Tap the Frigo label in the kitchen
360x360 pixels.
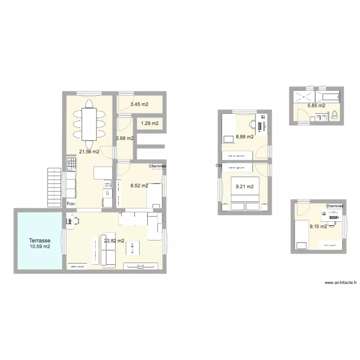pos(71,204)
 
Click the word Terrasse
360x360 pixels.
pos(40,240)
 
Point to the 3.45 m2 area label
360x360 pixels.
pos(140,104)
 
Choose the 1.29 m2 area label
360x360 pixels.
pos(149,124)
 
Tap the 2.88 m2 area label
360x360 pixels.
pos(124,139)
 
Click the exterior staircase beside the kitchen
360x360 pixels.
pos(55,187)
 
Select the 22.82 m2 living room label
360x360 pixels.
pos(114,241)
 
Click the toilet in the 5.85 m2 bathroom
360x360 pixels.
pos(335,115)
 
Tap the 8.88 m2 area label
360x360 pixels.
pos(244,137)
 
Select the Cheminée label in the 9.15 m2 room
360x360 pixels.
pos(335,206)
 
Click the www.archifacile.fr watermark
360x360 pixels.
pos(341,283)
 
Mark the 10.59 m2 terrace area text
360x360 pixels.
pos(40,247)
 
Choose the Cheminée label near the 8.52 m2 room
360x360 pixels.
pos(157,166)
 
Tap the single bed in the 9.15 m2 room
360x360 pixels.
pos(301,235)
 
